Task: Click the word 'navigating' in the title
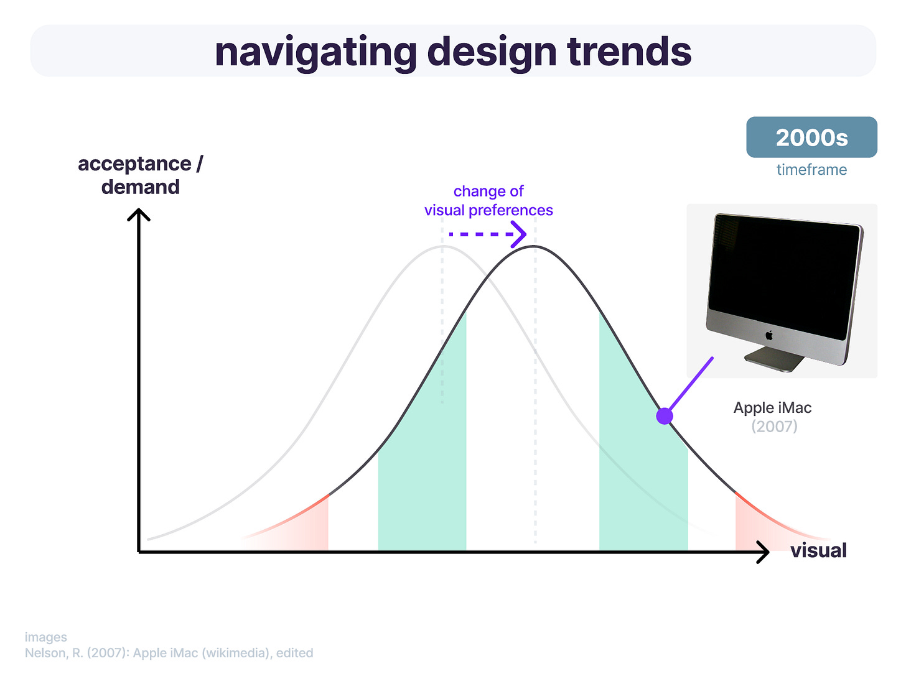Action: point(315,53)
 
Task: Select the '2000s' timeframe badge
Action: point(811,137)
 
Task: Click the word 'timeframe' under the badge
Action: point(811,170)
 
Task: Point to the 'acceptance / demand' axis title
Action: point(141,175)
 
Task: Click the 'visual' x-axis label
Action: point(818,550)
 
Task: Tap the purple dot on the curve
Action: point(664,415)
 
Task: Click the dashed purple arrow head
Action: point(519,234)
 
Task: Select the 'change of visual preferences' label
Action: point(488,201)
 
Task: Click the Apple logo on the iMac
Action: point(769,335)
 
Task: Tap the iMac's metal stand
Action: point(775,359)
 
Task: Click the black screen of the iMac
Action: point(784,275)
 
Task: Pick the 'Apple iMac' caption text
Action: point(772,408)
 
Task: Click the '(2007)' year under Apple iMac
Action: point(774,427)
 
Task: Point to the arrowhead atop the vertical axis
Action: point(139,215)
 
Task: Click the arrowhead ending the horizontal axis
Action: point(763,552)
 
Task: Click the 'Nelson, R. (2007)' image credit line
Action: point(169,653)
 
